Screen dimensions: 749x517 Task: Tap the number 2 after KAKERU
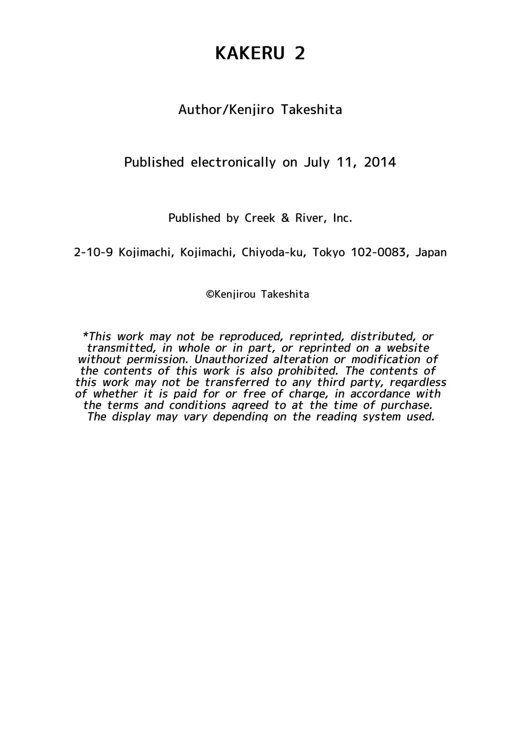(x=300, y=53)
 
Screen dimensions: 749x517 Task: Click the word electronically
(x=233, y=162)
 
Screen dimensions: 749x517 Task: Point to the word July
(x=317, y=162)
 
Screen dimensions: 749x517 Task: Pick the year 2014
(x=380, y=162)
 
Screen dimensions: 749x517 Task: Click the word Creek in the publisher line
(x=260, y=218)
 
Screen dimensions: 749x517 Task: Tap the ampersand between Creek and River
(x=285, y=218)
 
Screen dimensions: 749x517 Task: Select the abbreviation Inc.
(x=343, y=218)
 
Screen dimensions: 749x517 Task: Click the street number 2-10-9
(x=93, y=253)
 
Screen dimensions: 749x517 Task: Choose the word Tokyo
(x=329, y=253)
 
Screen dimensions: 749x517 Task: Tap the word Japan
(x=431, y=253)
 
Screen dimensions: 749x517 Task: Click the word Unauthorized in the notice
(x=231, y=360)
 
